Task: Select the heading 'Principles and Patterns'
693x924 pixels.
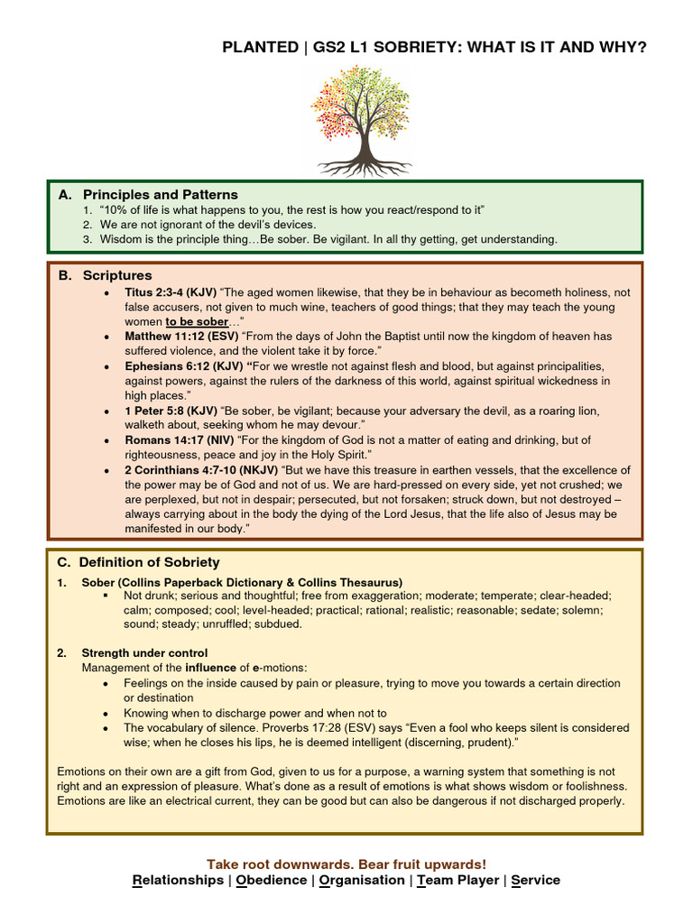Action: click(x=160, y=194)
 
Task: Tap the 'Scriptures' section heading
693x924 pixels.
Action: click(x=117, y=275)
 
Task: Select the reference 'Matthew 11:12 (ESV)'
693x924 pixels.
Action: click(x=181, y=337)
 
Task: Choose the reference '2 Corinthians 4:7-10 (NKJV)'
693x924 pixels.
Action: click(x=202, y=470)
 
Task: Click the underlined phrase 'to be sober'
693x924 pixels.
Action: click(x=197, y=321)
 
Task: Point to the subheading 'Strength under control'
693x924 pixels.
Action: click(x=144, y=652)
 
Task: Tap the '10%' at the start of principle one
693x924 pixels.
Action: click(x=118, y=209)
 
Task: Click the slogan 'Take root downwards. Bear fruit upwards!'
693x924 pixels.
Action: click(x=346, y=864)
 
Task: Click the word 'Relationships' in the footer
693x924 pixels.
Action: click(x=178, y=880)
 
